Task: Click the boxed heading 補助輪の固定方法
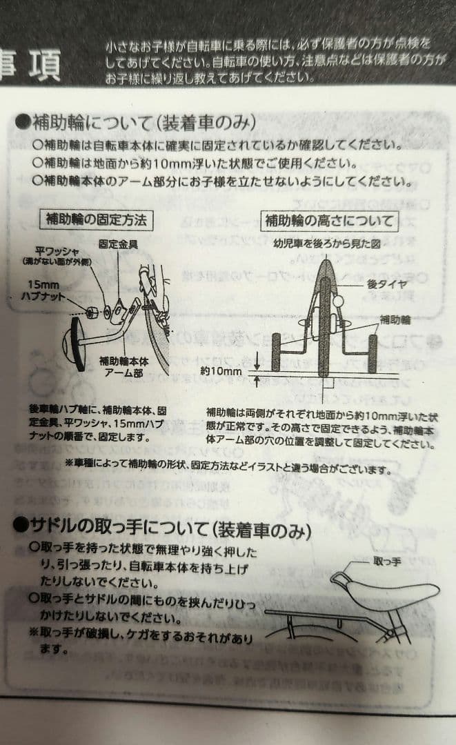pos(97,220)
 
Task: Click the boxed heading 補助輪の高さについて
pos(330,221)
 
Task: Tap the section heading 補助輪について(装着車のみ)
pos(137,123)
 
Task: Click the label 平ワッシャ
pos(57,252)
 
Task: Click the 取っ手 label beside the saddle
pos(386,562)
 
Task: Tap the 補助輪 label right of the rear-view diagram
pos(398,319)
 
